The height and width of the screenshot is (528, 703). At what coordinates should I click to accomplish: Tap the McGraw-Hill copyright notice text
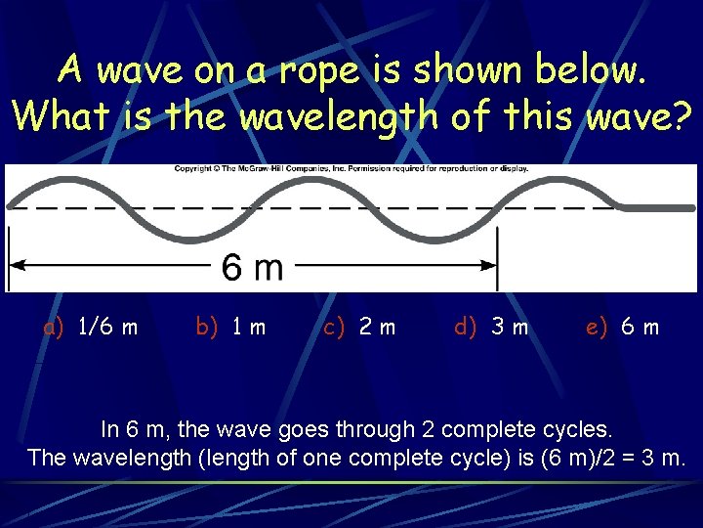pyautogui.click(x=351, y=169)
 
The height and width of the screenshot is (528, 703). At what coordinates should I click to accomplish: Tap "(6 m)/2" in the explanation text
pyautogui.click(x=571, y=458)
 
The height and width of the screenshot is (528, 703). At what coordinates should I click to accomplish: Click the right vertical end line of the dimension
pyautogui.click(x=498, y=258)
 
